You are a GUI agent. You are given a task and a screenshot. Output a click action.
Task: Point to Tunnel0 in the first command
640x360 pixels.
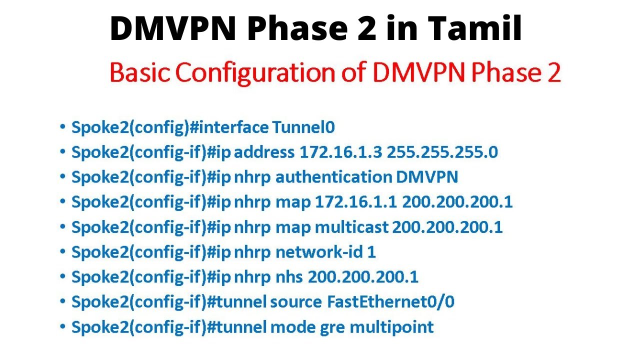(x=303, y=127)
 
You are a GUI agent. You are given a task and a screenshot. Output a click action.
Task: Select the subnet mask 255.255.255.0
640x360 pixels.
(x=442, y=152)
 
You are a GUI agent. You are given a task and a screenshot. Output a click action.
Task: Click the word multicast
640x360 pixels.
(x=351, y=227)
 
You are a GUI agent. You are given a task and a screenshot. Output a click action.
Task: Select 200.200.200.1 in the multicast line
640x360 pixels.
(x=447, y=227)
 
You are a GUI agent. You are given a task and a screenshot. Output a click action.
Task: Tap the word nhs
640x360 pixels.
(x=289, y=277)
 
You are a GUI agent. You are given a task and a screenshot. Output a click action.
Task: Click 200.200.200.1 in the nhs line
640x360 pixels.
(x=363, y=277)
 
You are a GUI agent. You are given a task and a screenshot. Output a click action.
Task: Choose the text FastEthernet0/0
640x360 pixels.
(x=390, y=302)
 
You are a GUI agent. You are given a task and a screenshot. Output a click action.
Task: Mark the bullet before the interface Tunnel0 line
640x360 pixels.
(x=62, y=127)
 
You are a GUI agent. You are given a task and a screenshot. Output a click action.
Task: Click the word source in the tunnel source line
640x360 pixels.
(x=295, y=302)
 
